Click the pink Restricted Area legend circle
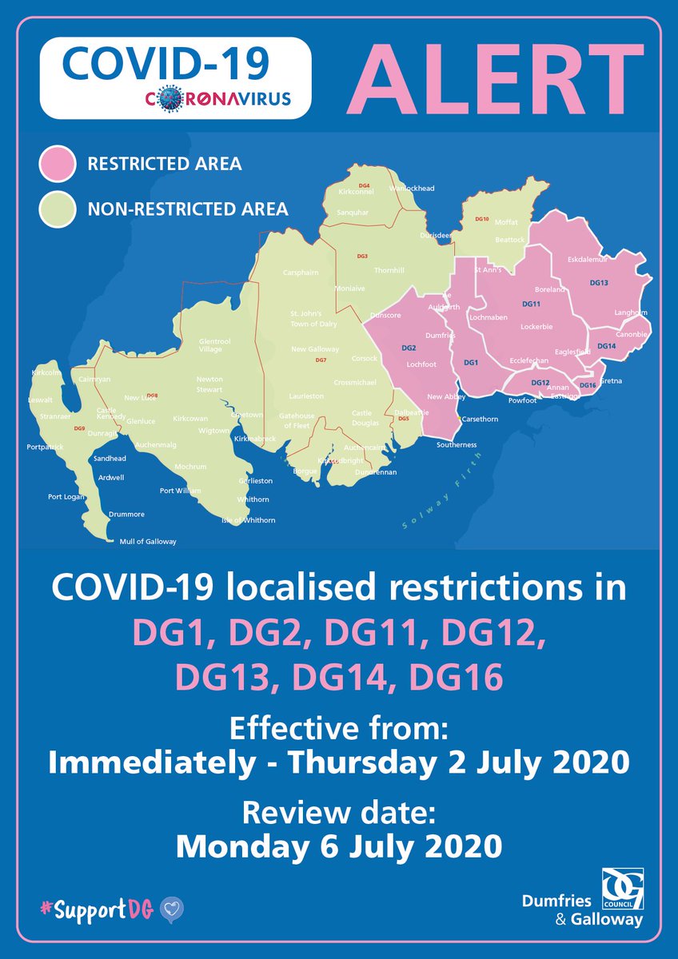(x=58, y=165)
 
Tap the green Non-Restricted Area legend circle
(x=58, y=209)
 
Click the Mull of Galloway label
(x=147, y=541)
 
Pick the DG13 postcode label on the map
(x=599, y=283)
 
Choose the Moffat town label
(x=507, y=222)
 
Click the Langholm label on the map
(x=631, y=312)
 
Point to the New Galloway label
(x=315, y=349)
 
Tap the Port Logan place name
(x=66, y=496)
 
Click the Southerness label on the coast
(x=457, y=444)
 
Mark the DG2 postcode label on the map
(x=409, y=348)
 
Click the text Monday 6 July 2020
(x=339, y=846)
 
